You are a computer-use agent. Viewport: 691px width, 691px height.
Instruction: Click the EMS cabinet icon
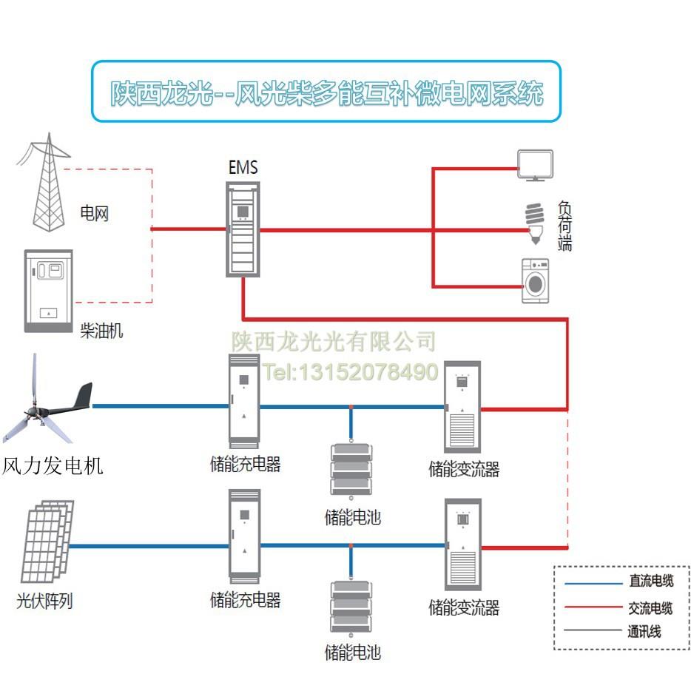tap(243, 229)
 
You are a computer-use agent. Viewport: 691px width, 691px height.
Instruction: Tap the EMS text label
tap(243, 168)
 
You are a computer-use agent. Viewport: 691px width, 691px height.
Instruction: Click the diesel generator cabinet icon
tap(47, 291)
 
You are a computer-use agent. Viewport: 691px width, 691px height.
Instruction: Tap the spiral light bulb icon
tap(533, 223)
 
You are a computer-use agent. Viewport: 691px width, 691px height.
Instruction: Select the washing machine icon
tap(535, 280)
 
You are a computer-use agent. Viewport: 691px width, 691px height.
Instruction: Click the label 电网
tap(95, 215)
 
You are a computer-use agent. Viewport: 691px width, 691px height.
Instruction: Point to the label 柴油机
tap(101, 331)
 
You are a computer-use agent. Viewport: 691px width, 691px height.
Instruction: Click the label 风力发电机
tap(53, 466)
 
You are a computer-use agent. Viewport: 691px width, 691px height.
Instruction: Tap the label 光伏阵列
tap(44, 601)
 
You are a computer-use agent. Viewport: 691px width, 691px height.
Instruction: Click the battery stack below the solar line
tap(351, 608)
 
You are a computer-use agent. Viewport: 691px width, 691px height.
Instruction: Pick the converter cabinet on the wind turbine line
tap(462, 407)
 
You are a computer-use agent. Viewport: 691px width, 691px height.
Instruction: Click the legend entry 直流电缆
tap(650, 582)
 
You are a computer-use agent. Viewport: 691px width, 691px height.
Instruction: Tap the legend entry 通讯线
tap(644, 631)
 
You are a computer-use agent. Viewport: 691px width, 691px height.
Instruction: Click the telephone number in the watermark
tap(351, 371)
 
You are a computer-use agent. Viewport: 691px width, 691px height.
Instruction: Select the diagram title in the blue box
tap(326, 92)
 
